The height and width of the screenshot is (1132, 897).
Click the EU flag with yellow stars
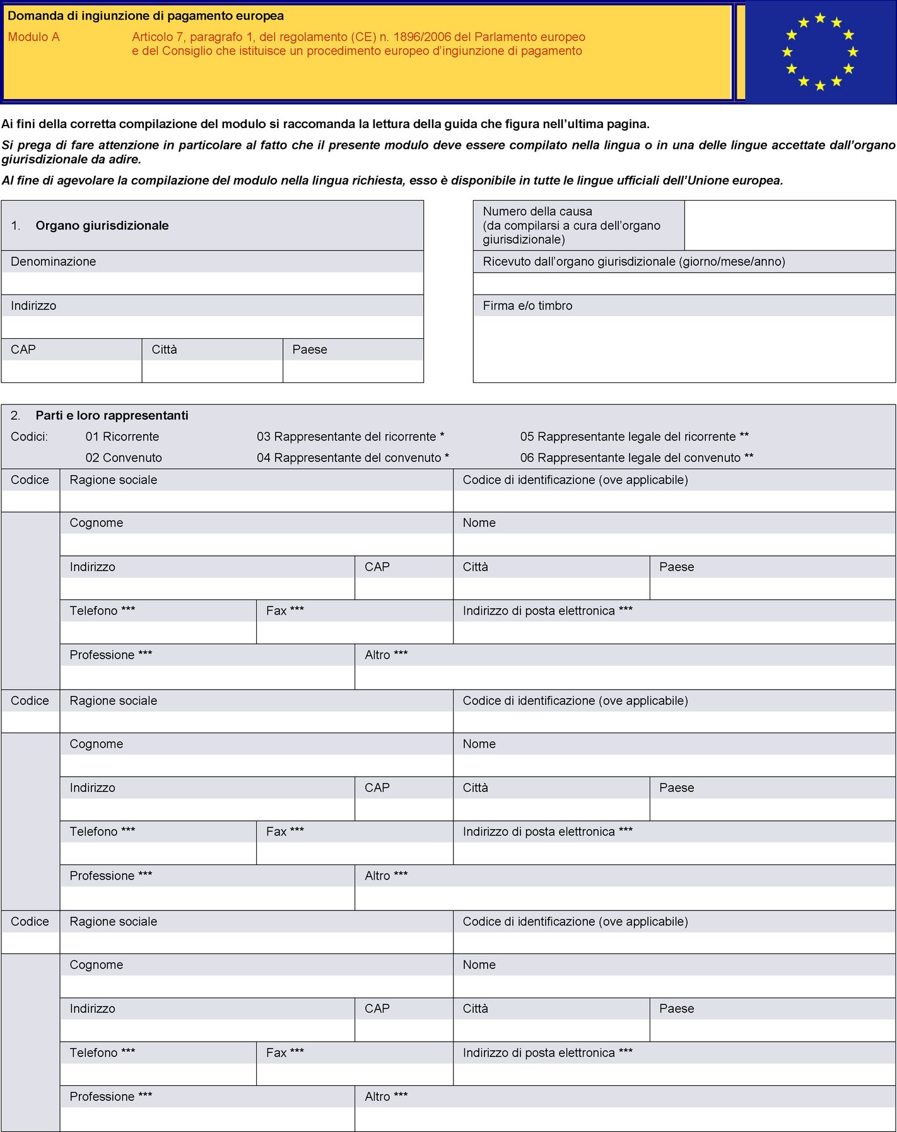820,52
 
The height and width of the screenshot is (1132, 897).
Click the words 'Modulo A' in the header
33,37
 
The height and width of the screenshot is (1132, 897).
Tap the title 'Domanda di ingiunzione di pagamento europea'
146,16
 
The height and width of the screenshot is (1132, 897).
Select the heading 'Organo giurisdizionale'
102,226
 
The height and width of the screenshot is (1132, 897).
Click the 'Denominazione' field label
54,262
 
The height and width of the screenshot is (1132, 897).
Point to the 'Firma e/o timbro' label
527,306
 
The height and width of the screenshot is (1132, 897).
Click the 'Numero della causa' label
537,211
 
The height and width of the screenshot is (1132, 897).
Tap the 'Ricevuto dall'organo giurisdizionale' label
633,262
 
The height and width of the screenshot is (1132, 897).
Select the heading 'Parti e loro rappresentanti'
112,416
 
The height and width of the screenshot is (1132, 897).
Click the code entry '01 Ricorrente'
122,437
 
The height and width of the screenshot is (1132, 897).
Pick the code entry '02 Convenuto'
124,458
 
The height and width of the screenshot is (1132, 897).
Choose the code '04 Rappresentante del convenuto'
353,458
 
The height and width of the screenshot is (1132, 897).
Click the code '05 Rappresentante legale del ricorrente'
634,437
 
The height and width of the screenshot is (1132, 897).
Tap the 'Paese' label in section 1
310,350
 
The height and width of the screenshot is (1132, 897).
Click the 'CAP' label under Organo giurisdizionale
23,350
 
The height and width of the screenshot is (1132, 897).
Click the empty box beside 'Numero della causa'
790,225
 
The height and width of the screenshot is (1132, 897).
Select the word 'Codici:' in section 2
29,437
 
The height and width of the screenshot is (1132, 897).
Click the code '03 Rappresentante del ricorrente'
350,437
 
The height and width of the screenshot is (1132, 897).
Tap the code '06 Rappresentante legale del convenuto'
636,458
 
